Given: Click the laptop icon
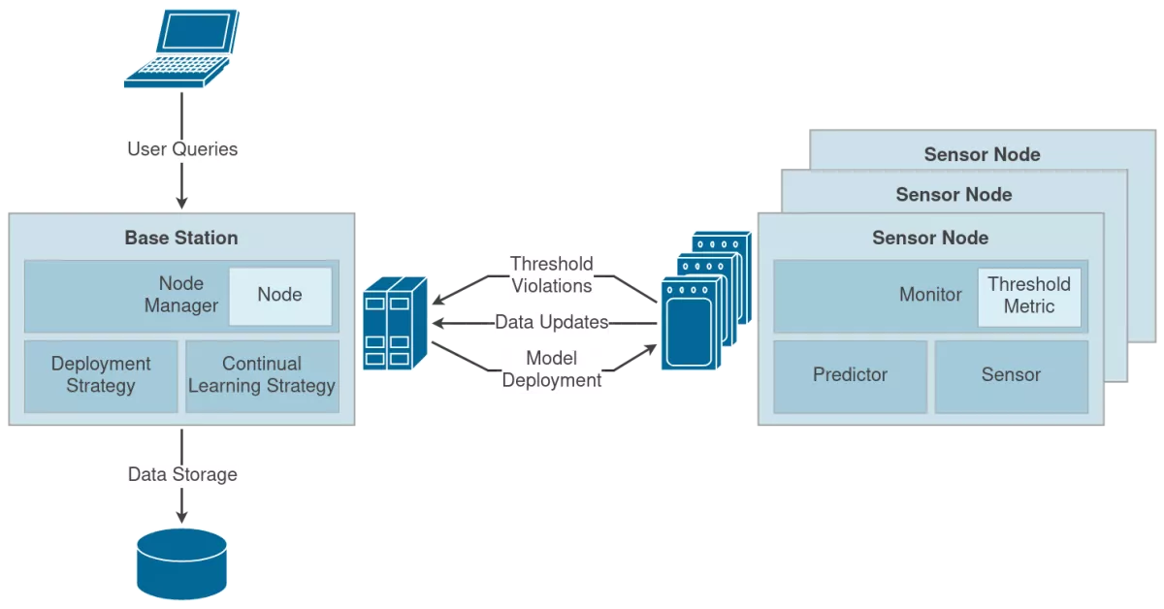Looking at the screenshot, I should [x=180, y=50].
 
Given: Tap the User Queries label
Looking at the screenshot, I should [x=182, y=150].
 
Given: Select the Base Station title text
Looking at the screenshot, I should [x=181, y=238].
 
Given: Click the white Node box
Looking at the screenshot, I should [x=279, y=296].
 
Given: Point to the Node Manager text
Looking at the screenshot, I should [x=181, y=295].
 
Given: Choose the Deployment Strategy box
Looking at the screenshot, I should [x=101, y=375].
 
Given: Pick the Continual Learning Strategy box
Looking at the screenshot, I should [x=262, y=375].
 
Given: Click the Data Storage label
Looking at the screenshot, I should [x=182, y=475].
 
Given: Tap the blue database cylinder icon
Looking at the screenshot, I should [x=181, y=564].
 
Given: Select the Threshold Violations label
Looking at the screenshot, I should [x=552, y=274].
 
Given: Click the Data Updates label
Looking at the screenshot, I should [x=551, y=322].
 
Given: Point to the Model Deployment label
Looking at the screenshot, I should [x=552, y=369].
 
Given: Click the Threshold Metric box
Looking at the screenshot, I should [x=1028, y=296].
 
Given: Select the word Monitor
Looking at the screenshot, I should [x=930, y=295].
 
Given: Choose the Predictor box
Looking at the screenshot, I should [x=850, y=375].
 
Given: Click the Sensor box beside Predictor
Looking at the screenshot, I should [x=1011, y=375].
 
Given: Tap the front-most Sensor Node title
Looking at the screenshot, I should [x=930, y=238].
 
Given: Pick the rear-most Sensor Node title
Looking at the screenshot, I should [x=982, y=155].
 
